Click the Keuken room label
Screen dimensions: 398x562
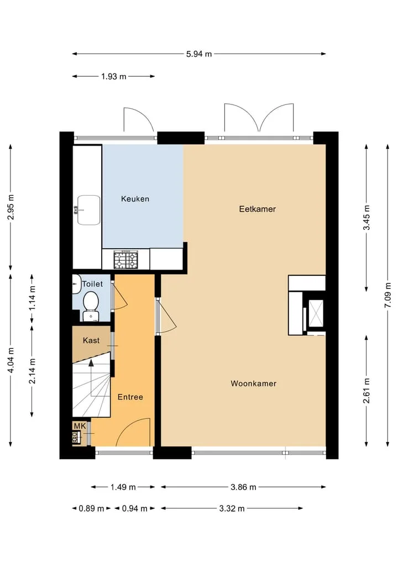click(135, 199)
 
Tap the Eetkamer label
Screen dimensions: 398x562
click(258, 209)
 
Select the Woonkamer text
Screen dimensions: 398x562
click(254, 384)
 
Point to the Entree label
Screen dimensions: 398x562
click(130, 397)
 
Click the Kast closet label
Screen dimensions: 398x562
click(91, 340)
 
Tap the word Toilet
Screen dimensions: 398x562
click(92, 284)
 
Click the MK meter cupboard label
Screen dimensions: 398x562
click(80, 426)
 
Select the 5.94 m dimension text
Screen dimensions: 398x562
click(199, 54)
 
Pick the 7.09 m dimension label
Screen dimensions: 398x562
click(387, 295)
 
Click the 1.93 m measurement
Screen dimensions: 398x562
click(114, 76)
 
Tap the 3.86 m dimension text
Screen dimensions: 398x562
click(243, 487)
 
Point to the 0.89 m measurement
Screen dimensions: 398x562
click(91, 508)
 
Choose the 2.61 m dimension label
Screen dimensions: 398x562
click(366, 391)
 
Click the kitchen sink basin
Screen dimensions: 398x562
click(89, 210)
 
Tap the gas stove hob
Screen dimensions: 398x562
click(126, 260)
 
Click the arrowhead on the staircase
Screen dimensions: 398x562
click(91, 363)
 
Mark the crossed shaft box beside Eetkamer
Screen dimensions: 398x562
click(316, 313)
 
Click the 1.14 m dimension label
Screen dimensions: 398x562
click(32, 297)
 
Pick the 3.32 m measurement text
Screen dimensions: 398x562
click(232, 508)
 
